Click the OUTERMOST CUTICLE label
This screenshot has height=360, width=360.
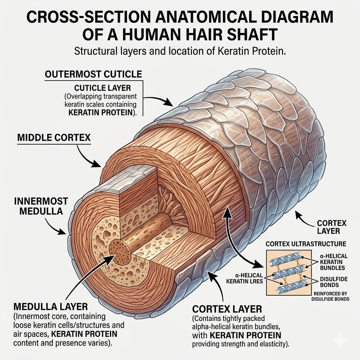pos(93,75)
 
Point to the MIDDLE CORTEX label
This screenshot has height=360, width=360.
pos(54,137)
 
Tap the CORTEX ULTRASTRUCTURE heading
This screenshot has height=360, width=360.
pos(306,244)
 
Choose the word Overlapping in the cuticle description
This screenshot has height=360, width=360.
pos(96,96)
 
